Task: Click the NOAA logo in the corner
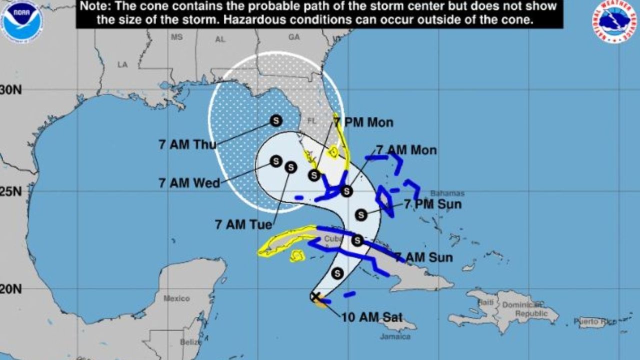pos(21,21)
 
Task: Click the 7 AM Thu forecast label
pos(187,144)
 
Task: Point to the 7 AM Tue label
pos(237,224)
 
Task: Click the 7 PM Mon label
pos(363,122)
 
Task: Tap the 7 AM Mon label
pos(406,150)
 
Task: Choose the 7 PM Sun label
pos(432,204)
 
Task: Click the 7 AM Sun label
pos(423,257)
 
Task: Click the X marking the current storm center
pos(315,296)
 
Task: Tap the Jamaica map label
pos(394,336)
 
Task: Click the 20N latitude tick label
pos(10,289)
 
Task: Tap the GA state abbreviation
pos(294,37)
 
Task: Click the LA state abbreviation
pos(122,64)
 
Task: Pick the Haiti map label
pos(486,302)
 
